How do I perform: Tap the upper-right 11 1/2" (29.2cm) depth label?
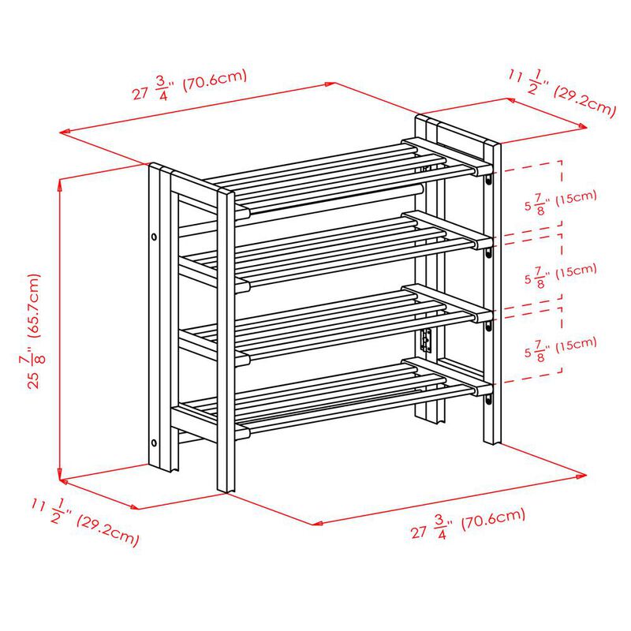click(x=561, y=93)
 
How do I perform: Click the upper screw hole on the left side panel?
click(x=155, y=236)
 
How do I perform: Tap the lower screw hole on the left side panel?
click(x=155, y=442)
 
